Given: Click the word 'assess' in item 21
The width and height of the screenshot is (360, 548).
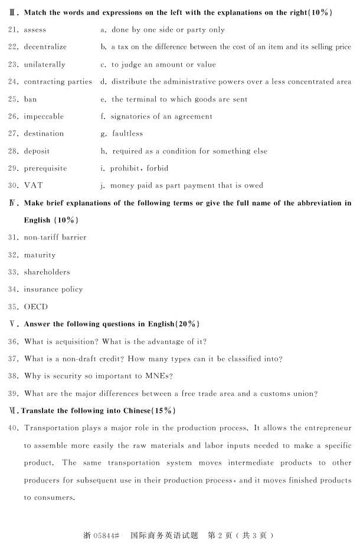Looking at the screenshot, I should click(35, 29).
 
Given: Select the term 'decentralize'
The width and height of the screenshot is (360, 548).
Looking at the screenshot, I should click(45, 47).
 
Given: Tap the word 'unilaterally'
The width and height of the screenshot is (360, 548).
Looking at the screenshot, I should click(44, 64).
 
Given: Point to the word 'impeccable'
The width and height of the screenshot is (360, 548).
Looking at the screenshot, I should click(44, 116).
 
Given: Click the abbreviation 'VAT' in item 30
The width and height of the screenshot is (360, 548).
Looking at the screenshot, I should click(34, 185).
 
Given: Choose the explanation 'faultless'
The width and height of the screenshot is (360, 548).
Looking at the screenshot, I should click(127, 134).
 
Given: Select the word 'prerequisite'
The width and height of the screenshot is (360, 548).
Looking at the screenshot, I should click(45, 168).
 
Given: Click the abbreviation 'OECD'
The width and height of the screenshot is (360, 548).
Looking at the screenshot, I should click(36, 307).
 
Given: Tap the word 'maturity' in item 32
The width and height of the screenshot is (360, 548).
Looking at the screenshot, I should click(40, 255).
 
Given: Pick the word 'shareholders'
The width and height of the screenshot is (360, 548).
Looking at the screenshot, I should click(47, 272).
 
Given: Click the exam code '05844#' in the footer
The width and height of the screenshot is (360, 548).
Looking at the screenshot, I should click(106, 536).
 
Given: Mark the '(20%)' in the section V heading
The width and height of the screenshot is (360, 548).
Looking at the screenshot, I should click(188, 324).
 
